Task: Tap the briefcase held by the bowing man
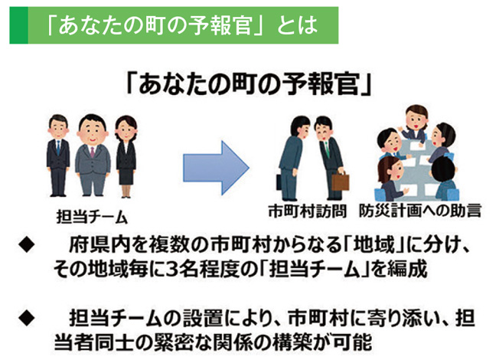(x=341, y=182)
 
